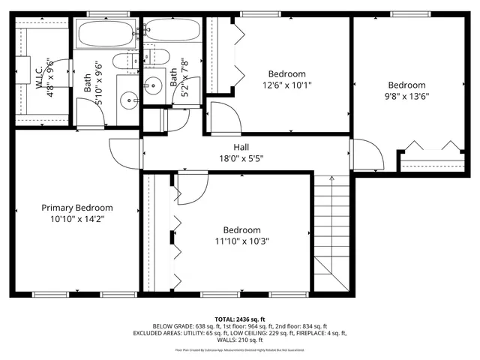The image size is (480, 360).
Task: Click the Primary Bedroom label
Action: [x=76, y=208]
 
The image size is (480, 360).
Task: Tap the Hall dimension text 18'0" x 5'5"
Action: [x=241, y=158]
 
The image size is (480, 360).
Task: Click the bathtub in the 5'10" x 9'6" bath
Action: [x=106, y=34]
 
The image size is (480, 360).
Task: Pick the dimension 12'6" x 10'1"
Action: [x=286, y=85]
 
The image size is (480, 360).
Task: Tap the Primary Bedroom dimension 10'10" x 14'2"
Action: [x=76, y=219]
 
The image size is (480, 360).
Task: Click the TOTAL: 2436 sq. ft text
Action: [x=240, y=319]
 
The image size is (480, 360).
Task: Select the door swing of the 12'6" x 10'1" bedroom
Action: [x=223, y=118]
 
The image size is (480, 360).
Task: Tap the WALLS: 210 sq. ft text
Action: [x=240, y=340]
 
